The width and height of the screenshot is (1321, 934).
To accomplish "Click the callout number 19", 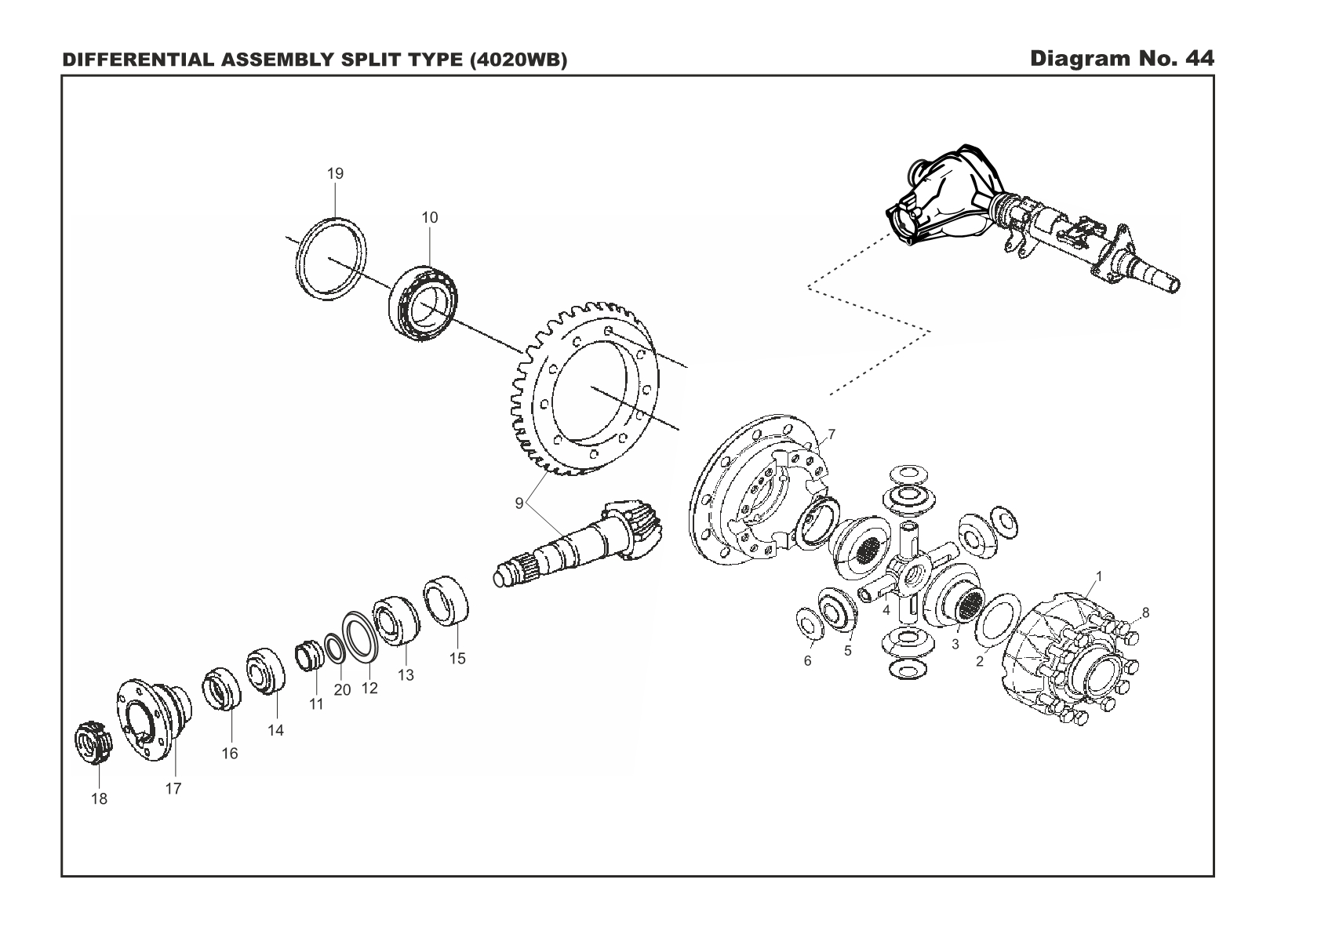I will [335, 173].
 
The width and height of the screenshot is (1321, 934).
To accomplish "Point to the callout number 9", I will [519, 503].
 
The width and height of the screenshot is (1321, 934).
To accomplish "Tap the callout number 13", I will [406, 674].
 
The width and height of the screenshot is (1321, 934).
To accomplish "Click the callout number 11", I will [316, 704].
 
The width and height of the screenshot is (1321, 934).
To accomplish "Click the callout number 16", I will [229, 753].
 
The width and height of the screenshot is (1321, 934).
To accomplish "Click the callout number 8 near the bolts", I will [1145, 612].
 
